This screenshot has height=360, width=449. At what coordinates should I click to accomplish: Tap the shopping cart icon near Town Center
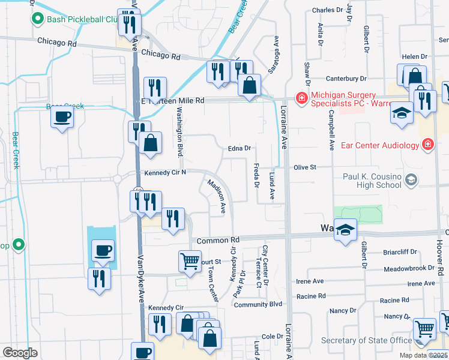point(190,261)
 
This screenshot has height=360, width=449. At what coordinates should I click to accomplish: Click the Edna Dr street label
point(239,148)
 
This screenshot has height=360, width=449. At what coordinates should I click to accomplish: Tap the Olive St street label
point(305,168)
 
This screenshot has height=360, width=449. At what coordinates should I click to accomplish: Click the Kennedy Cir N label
point(166,173)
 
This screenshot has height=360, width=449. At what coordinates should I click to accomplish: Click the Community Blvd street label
point(258,305)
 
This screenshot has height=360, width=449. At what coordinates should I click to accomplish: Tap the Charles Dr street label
point(327,10)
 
